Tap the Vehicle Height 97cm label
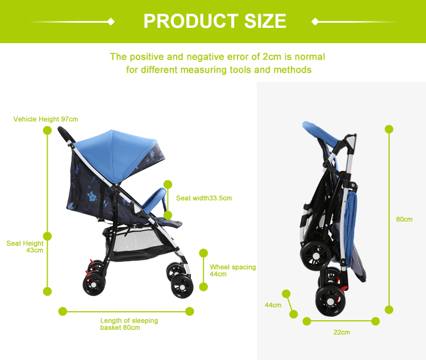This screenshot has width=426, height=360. click(45, 119)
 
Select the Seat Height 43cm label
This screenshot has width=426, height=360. click(26, 246)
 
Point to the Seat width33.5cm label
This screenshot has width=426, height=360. click(204, 198)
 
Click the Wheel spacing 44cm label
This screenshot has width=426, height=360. click(232, 270)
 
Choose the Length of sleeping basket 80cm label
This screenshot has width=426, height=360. click(129, 324)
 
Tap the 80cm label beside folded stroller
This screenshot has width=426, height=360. click(404, 219)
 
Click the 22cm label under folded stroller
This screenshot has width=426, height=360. click(341, 332)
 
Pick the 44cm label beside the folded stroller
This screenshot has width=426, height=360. click(273, 305)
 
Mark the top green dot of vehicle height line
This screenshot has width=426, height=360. click(47, 130)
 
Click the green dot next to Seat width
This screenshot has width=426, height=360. click(168, 184)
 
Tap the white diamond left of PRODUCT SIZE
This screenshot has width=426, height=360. click(111, 22)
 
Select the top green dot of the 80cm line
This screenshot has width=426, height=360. click(389, 129)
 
